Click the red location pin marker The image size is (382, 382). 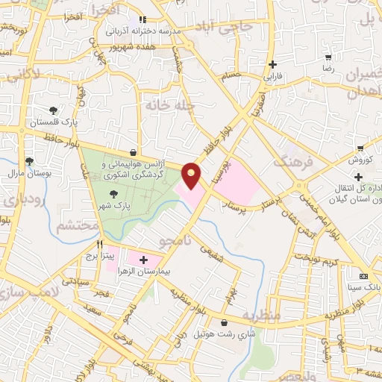tap(192, 174)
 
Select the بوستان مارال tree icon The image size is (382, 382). tap(29, 160)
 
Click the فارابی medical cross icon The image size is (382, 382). tap(273, 64)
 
